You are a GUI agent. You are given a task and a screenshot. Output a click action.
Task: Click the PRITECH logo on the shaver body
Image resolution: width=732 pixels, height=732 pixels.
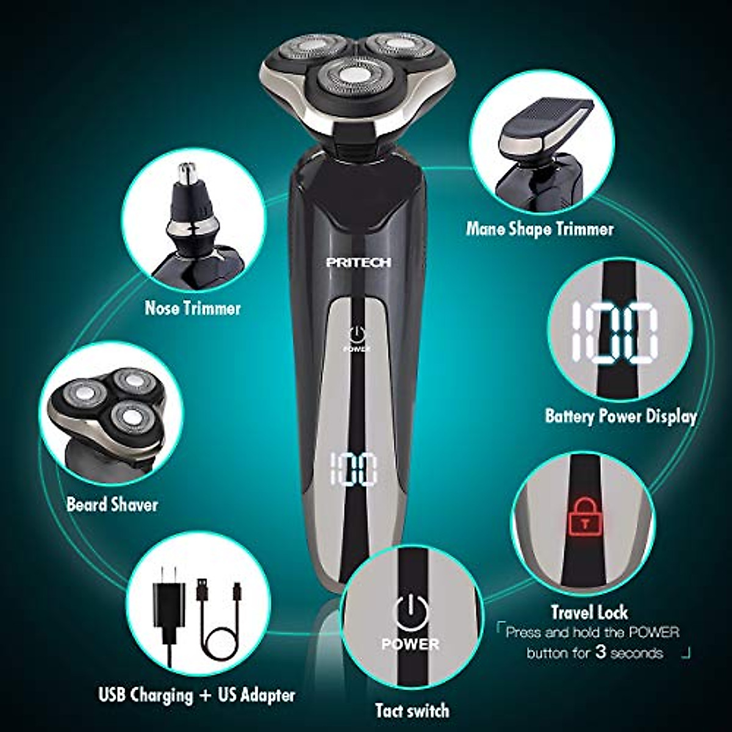(359, 262)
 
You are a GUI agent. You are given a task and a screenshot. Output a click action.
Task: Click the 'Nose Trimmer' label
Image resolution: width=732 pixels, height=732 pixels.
(192, 308)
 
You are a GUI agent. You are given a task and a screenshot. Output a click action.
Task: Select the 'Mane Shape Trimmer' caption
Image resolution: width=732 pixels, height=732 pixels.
(539, 229)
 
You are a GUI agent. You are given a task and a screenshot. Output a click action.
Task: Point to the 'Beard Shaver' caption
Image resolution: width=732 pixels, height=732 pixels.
(112, 504)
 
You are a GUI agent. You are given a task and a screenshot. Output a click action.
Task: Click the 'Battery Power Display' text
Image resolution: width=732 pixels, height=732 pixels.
(620, 417)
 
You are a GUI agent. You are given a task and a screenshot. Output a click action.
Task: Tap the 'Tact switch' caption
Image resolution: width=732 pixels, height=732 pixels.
(412, 710)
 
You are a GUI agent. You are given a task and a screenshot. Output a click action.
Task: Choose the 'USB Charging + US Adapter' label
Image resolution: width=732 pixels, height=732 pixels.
(196, 695)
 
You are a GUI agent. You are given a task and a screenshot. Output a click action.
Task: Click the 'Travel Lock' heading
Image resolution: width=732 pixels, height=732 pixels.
(589, 612)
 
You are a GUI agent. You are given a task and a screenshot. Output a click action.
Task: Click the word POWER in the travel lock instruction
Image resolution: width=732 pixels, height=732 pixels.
(648, 632)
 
